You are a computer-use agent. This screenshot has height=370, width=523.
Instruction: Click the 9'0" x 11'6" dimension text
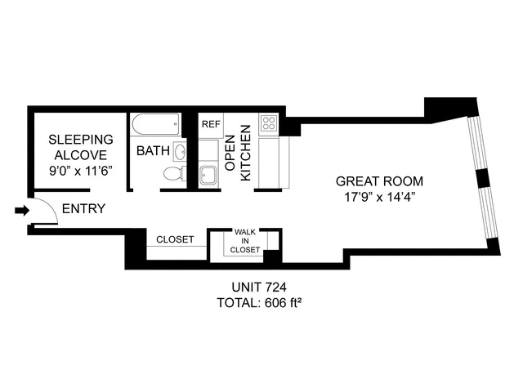tap(80, 170)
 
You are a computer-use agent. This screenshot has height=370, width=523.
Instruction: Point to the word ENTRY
tap(83, 209)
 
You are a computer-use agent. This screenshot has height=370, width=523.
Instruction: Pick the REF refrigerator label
tap(211, 124)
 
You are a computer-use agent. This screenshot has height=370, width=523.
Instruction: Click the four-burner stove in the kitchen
tap(270, 124)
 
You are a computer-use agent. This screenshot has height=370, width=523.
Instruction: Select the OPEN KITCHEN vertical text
tap(236, 154)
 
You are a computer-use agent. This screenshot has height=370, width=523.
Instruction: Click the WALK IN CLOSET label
tap(246, 241)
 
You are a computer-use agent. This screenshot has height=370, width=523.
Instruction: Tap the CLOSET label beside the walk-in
tap(175, 239)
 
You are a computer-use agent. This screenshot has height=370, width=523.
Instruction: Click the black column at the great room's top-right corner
tap(452, 106)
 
